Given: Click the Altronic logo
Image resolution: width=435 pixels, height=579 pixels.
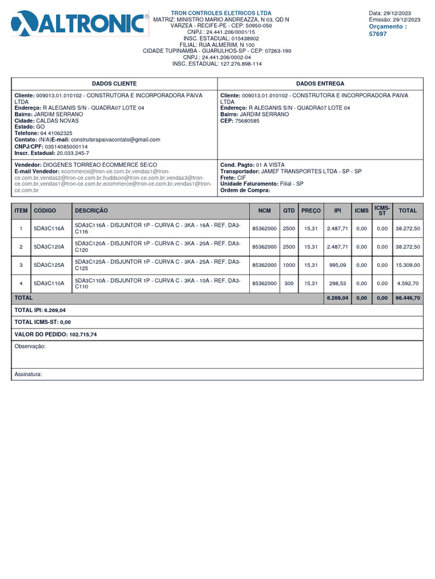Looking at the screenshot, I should [79, 24].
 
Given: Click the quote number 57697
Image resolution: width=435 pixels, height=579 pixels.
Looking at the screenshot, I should [378, 34].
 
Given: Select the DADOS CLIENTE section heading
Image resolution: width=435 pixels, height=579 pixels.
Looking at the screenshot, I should [114, 83].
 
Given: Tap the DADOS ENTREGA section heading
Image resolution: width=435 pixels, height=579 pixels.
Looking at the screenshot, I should [320, 83].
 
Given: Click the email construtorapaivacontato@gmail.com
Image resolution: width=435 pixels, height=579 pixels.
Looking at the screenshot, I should [116, 140].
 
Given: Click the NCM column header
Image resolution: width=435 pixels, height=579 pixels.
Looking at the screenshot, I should [265, 210].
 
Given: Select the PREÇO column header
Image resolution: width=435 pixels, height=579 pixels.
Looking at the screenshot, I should [310, 210].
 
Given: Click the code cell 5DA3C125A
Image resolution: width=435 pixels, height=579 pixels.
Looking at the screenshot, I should [49, 265].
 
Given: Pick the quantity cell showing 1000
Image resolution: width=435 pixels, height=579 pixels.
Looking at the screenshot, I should [289, 265].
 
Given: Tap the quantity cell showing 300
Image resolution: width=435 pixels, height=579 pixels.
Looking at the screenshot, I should [289, 283].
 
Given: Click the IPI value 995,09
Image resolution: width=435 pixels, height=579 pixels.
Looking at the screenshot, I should [338, 265].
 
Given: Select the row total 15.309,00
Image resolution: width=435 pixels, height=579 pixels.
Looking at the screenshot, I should [408, 265].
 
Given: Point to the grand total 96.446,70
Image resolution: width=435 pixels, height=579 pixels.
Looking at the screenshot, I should [408, 297].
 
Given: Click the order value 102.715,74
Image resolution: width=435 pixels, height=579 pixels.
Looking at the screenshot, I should [83, 335].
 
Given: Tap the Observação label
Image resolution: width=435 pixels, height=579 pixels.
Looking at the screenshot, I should [30, 346].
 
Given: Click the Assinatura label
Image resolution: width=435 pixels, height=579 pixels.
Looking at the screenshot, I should [28, 374].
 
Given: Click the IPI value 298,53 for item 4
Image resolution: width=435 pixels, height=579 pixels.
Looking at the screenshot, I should [338, 283].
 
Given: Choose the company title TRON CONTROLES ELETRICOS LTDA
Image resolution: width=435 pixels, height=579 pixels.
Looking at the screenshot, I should [221, 13].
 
